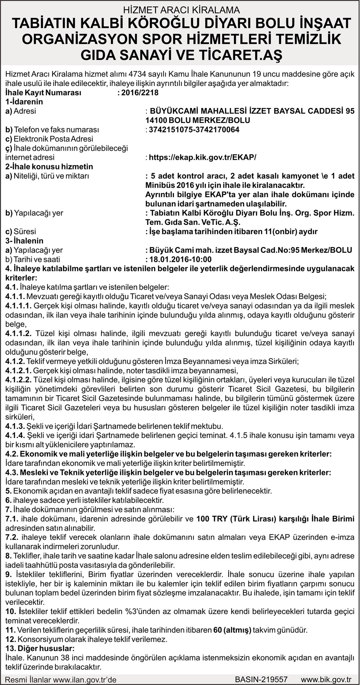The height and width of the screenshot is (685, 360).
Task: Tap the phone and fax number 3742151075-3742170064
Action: [194, 130]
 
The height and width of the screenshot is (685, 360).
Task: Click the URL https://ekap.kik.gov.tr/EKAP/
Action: [202, 157]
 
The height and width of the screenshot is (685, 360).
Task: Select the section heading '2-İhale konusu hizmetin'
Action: [49, 167]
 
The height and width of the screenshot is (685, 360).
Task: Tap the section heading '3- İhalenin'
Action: [24, 241]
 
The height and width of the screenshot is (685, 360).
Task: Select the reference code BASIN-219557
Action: [261, 679]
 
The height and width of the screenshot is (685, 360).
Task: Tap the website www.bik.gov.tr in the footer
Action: [326, 679]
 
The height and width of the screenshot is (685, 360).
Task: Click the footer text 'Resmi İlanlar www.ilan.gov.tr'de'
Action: [61, 680]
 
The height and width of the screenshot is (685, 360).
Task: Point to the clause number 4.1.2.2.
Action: [18, 380]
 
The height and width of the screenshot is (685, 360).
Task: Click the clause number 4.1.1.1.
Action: [18, 306]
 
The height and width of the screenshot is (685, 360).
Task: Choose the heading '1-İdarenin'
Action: [24, 102]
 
